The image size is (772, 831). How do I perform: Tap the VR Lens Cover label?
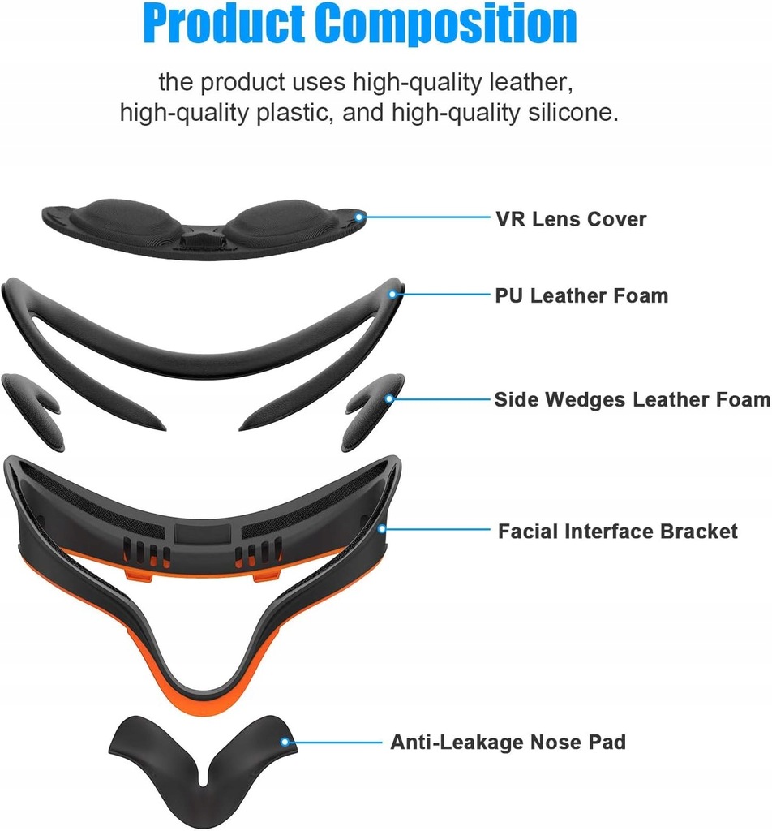(x=571, y=219)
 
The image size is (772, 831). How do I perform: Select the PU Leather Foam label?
(x=581, y=295)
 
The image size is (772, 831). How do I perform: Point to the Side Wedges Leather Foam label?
(x=632, y=399)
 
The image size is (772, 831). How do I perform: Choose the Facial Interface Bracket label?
(x=618, y=532)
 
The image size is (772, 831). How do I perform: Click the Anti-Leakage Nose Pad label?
(x=508, y=742)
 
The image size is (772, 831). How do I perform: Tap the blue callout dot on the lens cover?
(x=360, y=216)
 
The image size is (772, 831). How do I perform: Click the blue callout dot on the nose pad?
(x=285, y=742)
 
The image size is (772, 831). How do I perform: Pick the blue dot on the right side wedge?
(x=390, y=398)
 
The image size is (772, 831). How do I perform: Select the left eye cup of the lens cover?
(x=127, y=219)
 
